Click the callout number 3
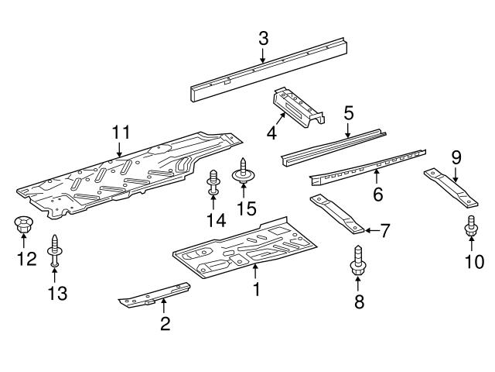[x=263, y=37]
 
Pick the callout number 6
[x=377, y=195]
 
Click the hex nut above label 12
[x=22, y=226]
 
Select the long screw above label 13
[x=54, y=250]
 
